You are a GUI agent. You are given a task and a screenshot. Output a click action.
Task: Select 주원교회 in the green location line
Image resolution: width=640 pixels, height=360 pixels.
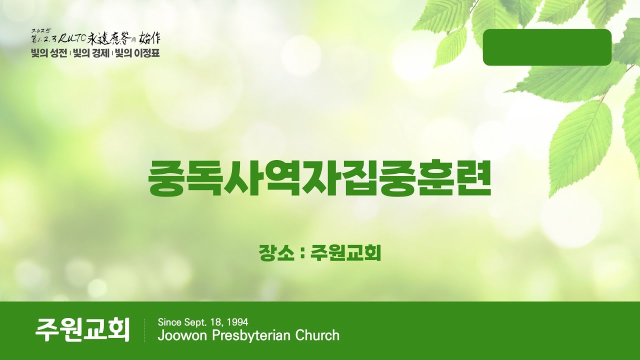[x=345, y=252]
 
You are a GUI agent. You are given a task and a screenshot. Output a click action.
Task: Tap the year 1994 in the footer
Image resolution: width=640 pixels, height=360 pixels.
[x=238, y=322]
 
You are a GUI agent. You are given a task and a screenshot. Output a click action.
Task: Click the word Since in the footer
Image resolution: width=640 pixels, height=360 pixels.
[x=168, y=322]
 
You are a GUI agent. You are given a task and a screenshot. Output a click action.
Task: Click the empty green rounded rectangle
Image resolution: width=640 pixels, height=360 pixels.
[x=547, y=47]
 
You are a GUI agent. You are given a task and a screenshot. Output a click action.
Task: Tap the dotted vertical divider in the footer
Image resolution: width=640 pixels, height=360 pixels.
[x=144, y=330]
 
